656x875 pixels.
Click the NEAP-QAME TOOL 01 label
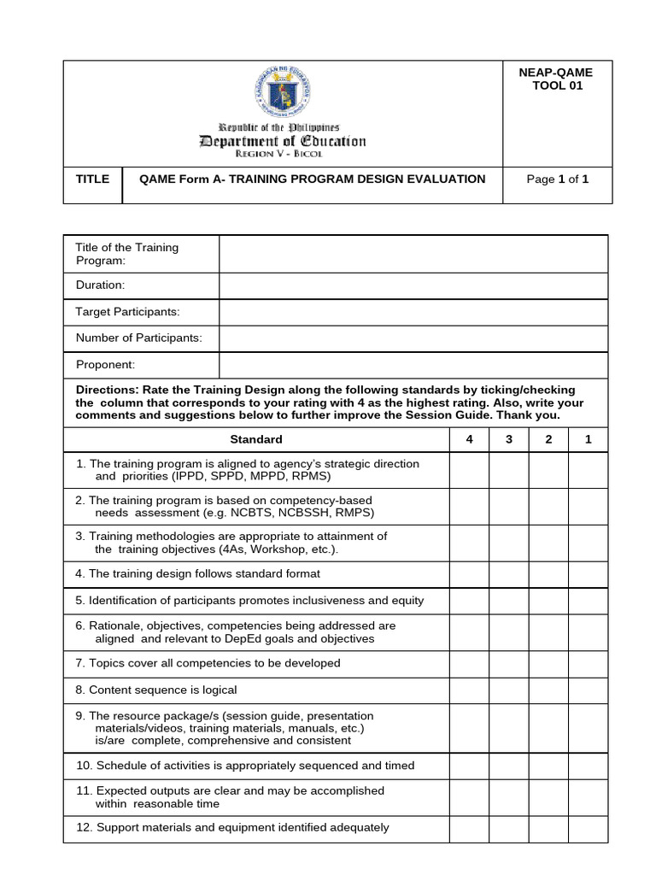556,79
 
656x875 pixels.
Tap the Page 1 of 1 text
557,179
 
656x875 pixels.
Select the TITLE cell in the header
93,179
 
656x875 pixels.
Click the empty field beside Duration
413,285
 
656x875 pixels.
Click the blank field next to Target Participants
413,312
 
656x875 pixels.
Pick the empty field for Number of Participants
413,338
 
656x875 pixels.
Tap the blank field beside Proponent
413,365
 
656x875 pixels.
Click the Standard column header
256,439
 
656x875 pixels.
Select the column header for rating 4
469,439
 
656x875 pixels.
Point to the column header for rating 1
588,439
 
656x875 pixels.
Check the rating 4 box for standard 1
469,470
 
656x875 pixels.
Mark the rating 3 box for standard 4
508,573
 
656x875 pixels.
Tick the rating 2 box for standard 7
548,663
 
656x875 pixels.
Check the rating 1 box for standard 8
588,690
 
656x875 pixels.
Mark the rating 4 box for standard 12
469,827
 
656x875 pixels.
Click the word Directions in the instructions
106,390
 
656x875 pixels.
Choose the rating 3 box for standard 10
508,766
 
